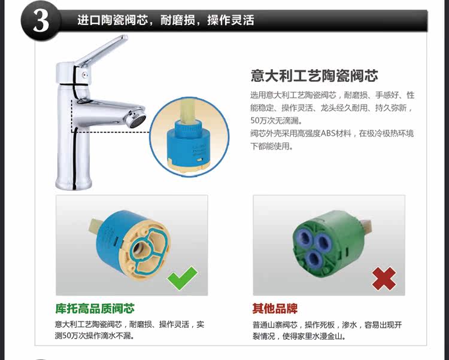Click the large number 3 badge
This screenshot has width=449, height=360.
(41, 21)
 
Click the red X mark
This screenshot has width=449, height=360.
(384, 279)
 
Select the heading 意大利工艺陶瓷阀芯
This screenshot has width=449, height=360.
(314, 76)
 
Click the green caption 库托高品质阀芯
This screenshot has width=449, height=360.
(95, 309)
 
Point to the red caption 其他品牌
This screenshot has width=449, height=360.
(275, 309)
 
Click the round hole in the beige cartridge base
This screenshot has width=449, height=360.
(141, 246)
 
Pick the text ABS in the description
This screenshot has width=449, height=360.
(330, 133)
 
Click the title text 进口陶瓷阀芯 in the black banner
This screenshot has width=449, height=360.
(113, 20)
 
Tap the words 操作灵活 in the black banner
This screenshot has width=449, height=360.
(230, 20)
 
